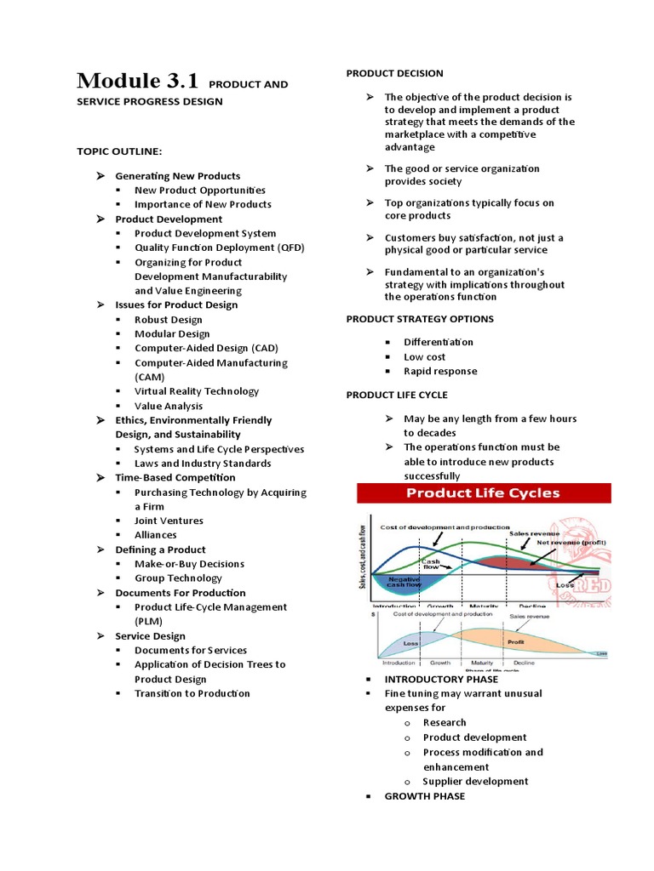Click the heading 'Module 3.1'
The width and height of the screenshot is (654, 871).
[137, 82]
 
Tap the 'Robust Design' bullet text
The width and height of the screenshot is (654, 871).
[169, 320]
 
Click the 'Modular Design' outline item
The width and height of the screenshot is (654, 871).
[172, 334]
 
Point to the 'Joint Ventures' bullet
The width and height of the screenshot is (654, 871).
[169, 521]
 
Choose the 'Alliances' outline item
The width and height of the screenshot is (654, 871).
[156, 535]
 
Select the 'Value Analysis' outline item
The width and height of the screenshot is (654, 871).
[169, 406]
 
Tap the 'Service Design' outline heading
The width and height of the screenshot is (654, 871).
[150, 636]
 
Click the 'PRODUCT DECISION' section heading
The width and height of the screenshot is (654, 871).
[394, 74]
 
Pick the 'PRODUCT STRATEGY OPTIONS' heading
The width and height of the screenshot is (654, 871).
[419, 319]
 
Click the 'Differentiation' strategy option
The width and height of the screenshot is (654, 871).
[439, 342]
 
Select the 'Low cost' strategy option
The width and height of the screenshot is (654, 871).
[424, 357]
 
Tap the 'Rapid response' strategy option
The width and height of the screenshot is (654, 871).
[440, 372]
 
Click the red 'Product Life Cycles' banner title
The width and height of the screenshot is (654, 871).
[483, 493]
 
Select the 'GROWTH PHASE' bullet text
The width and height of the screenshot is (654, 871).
[425, 796]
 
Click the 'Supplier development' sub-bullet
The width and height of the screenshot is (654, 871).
[475, 781]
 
